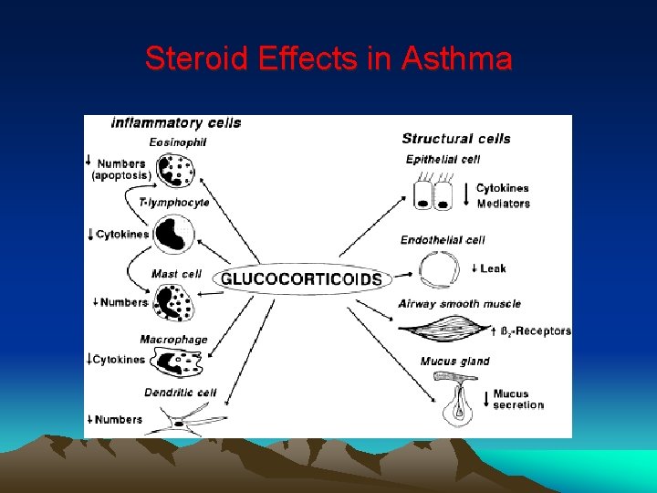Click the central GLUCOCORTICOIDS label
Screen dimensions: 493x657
302,279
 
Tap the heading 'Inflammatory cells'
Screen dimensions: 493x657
176,122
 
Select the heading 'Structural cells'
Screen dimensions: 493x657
456,139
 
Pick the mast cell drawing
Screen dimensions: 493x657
171,301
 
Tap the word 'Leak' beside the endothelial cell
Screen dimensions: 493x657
493,268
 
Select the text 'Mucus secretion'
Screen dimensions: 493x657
517,400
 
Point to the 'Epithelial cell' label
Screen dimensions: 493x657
443,160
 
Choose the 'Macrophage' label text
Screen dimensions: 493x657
173,340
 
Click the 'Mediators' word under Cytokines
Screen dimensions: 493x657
503,204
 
